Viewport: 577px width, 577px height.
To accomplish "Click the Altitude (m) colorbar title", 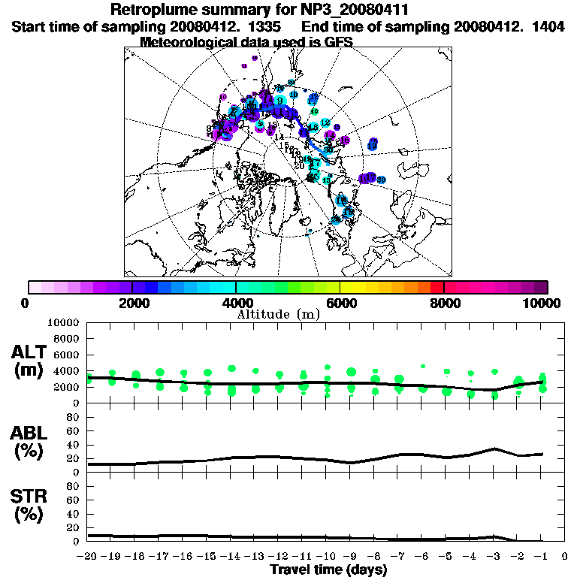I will [x=279, y=313].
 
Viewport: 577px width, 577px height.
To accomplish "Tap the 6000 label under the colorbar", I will [x=340, y=303].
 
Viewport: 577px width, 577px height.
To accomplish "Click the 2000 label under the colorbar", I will [x=132, y=303].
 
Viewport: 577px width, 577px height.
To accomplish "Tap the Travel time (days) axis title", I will [x=328, y=569].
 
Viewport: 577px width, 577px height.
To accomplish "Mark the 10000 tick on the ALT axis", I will [x=62, y=322].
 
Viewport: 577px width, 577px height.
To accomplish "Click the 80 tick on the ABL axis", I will [x=73, y=416].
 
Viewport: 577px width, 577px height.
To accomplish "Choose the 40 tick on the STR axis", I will [x=73, y=513].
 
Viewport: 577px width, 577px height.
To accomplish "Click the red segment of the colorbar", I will [x=437, y=287].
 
